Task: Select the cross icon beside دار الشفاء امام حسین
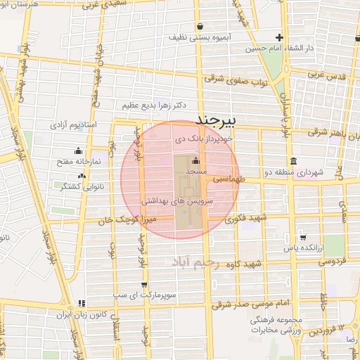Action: click(x=280, y=37)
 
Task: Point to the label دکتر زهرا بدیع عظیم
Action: click(x=154, y=105)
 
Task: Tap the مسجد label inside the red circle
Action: click(x=195, y=171)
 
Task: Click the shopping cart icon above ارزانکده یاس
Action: click(x=302, y=236)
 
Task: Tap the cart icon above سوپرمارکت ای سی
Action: click(x=144, y=285)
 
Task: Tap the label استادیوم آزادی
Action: click(x=77, y=124)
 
